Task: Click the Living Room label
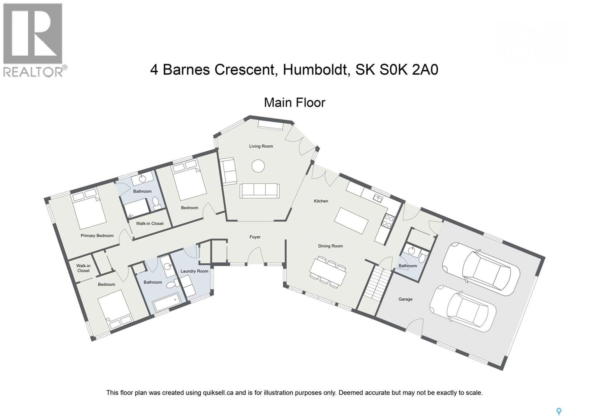pyautogui.click(x=261, y=146)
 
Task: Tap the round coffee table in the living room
pyautogui.click(x=258, y=166)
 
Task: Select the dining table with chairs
pyautogui.click(x=328, y=271)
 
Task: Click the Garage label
pyautogui.click(x=405, y=299)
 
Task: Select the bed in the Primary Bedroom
pyautogui.click(x=89, y=208)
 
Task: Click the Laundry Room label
pyautogui.click(x=194, y=271)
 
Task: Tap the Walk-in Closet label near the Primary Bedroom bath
pyautogui.click(x=150, y=223)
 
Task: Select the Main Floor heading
pyautogui.click(x=294, y=103)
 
